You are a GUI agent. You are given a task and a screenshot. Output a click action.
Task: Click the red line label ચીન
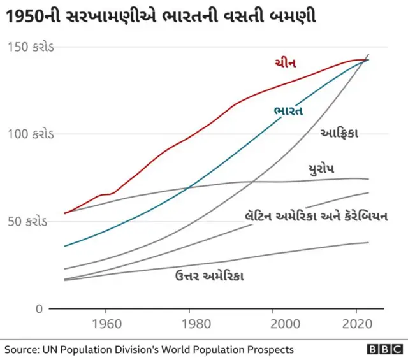285,62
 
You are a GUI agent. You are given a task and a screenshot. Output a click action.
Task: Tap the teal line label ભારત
288,110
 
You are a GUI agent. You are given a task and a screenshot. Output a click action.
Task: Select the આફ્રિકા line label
339,133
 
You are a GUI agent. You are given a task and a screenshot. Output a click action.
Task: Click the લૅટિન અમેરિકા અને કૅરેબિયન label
316,216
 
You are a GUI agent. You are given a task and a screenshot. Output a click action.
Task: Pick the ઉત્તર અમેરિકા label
209,275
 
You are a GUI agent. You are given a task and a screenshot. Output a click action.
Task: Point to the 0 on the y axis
39,309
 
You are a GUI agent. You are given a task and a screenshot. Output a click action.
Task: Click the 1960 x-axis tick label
105,324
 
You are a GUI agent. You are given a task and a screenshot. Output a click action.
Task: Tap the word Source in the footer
22,350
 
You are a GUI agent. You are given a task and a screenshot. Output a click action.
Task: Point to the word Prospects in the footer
270,350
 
